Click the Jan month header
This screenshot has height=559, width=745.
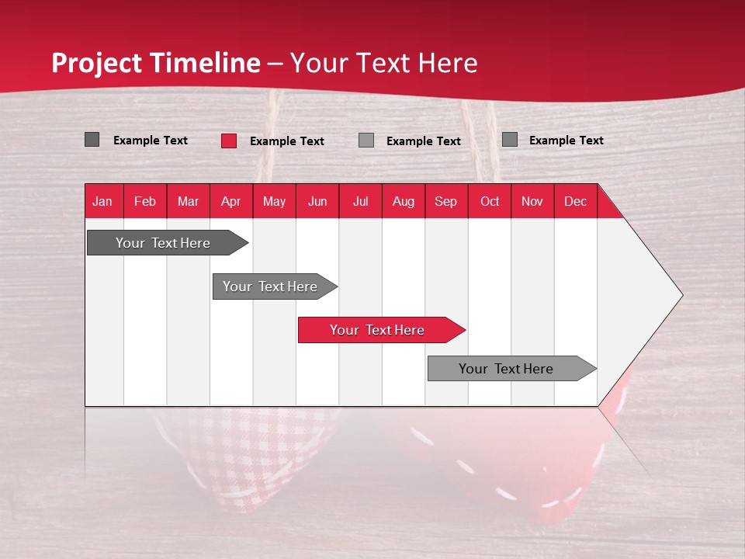point(102,201)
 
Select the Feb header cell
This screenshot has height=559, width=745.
point(145,201)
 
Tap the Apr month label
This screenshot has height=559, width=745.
point(230,201)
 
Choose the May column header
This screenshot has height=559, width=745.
point(274,201)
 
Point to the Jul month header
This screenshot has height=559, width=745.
point(360,201)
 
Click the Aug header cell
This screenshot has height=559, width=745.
point(403,201)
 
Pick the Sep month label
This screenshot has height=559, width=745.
point(445,201)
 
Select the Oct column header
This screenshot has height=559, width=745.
point(490,201)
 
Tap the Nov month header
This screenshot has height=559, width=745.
point(532,201)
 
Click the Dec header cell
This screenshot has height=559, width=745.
point(575,201)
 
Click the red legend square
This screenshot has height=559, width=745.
point(229,141)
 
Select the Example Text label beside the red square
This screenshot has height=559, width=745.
point(287,141)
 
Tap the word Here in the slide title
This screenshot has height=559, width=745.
point(448,63)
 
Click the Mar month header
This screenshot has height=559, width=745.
point(188,201)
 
